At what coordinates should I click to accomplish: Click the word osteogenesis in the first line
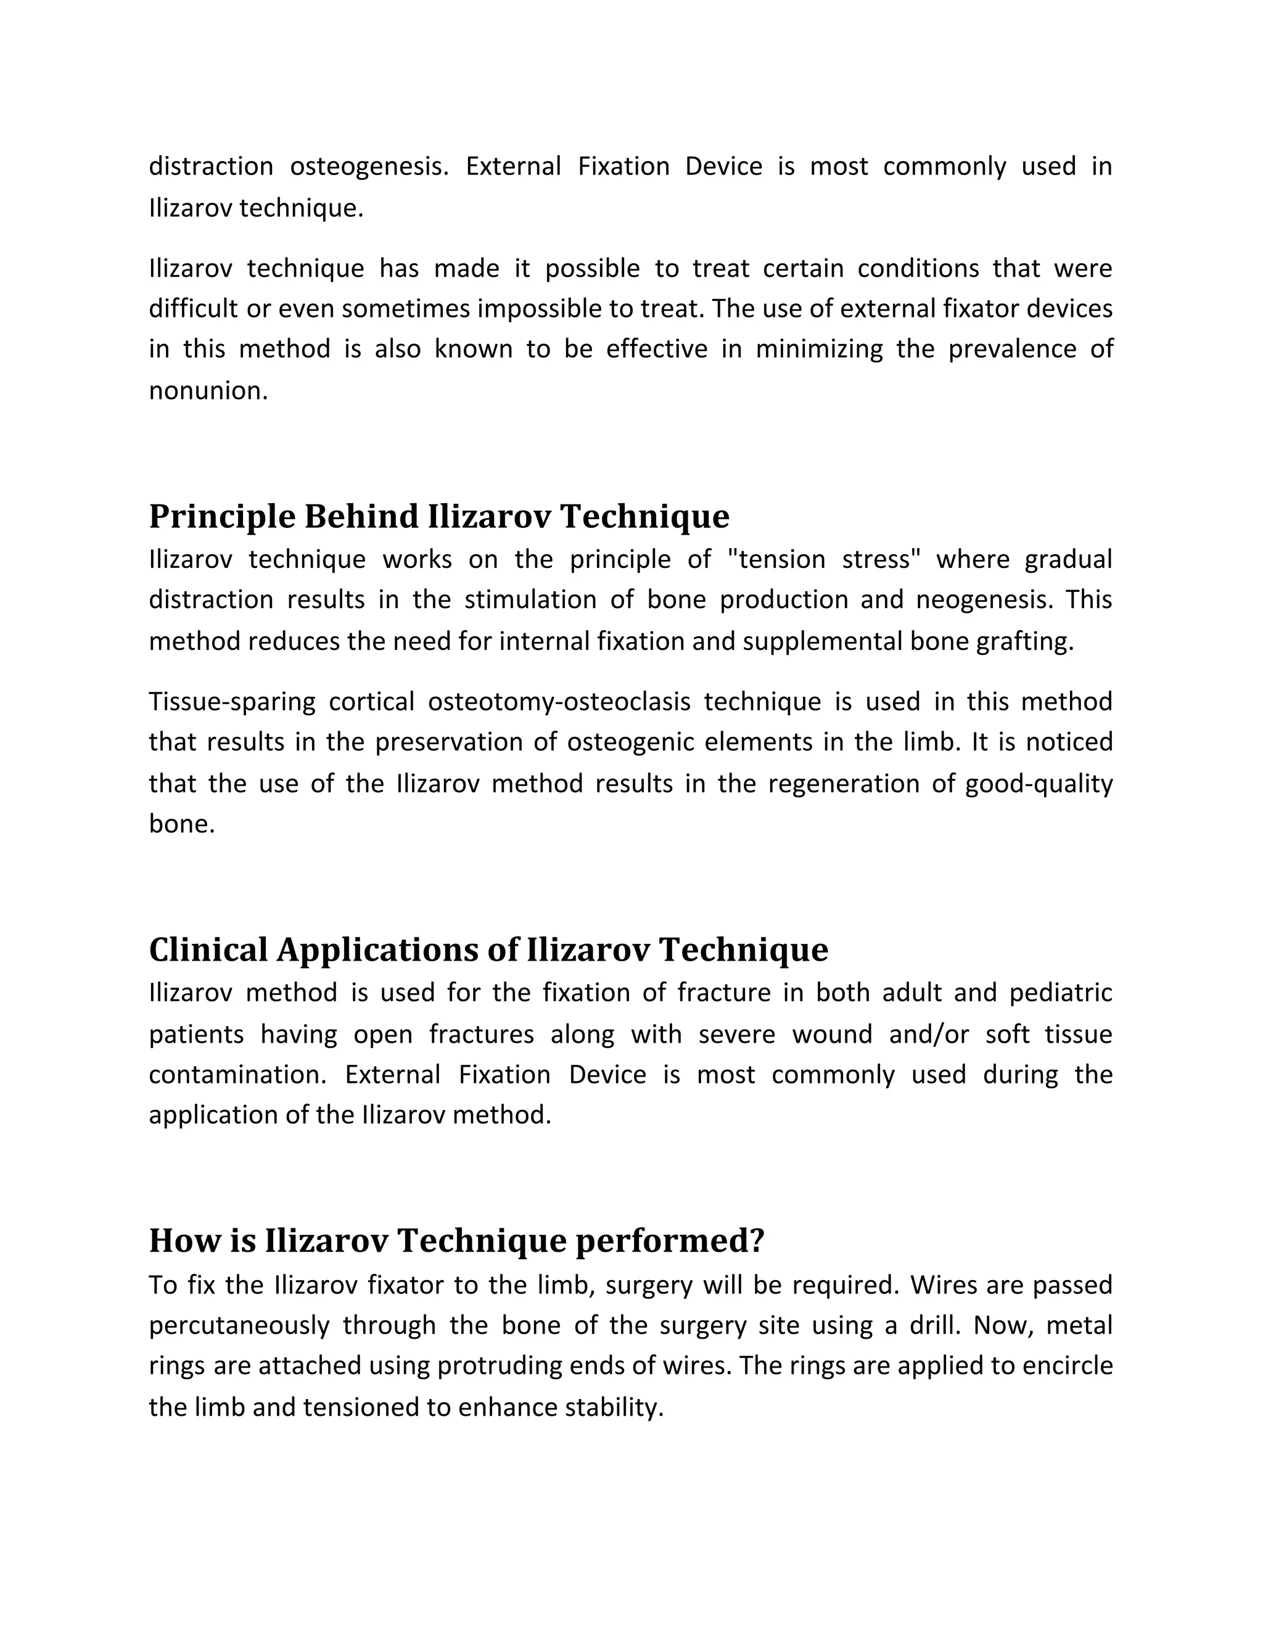pos(368,166)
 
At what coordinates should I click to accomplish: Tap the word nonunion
pos(207,390)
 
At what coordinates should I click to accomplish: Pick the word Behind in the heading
pos(361,517)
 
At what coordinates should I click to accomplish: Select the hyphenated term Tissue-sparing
pos(232,702)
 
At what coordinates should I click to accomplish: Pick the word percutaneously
pos(239,1325)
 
